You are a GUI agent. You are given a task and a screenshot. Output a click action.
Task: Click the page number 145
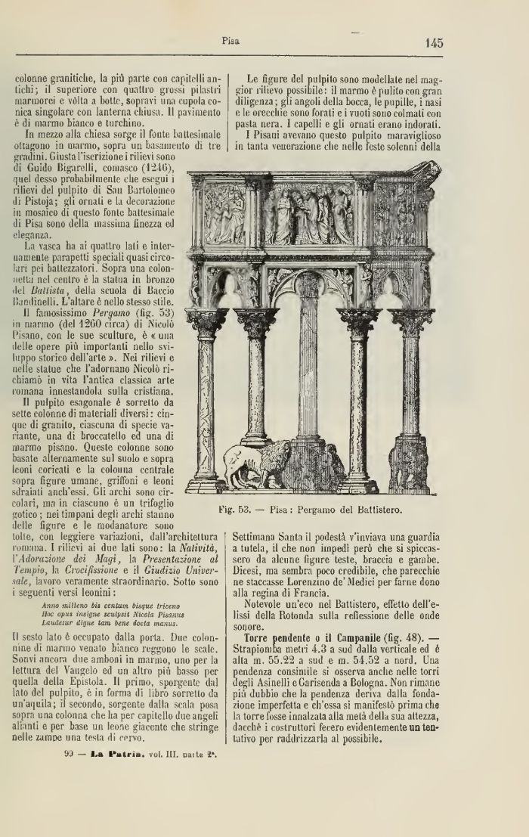pos(433,43)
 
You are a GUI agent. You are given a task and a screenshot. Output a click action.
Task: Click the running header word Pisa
pos(230,42)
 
